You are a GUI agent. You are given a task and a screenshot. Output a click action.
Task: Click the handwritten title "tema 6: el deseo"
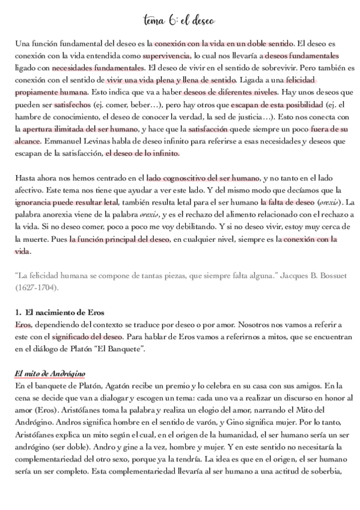(179, 21)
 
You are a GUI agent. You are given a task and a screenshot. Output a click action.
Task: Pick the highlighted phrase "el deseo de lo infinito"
(142, 153)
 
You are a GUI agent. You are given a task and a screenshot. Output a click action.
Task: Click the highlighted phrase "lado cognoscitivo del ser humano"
(203, 179)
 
